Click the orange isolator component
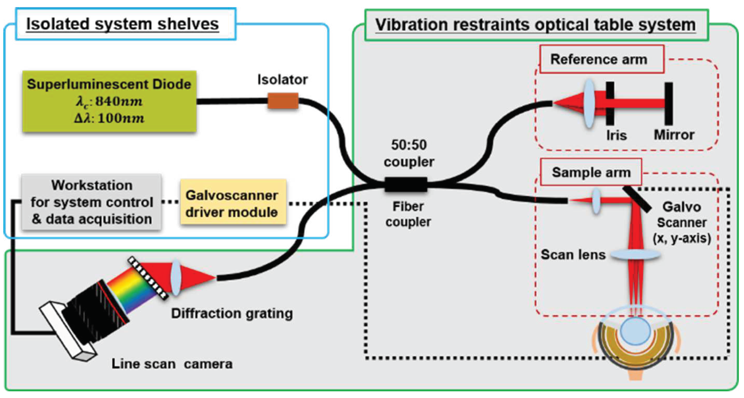point(283,101)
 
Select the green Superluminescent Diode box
point(109,101)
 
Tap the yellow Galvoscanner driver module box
point(233,202)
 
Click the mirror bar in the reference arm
point(669,104)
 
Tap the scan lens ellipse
point(635,255)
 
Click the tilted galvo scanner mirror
point(637,199)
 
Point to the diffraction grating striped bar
point(148,278)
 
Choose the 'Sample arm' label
point(591,172)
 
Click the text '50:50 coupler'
point(409,153)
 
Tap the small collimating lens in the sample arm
point(596,200)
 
